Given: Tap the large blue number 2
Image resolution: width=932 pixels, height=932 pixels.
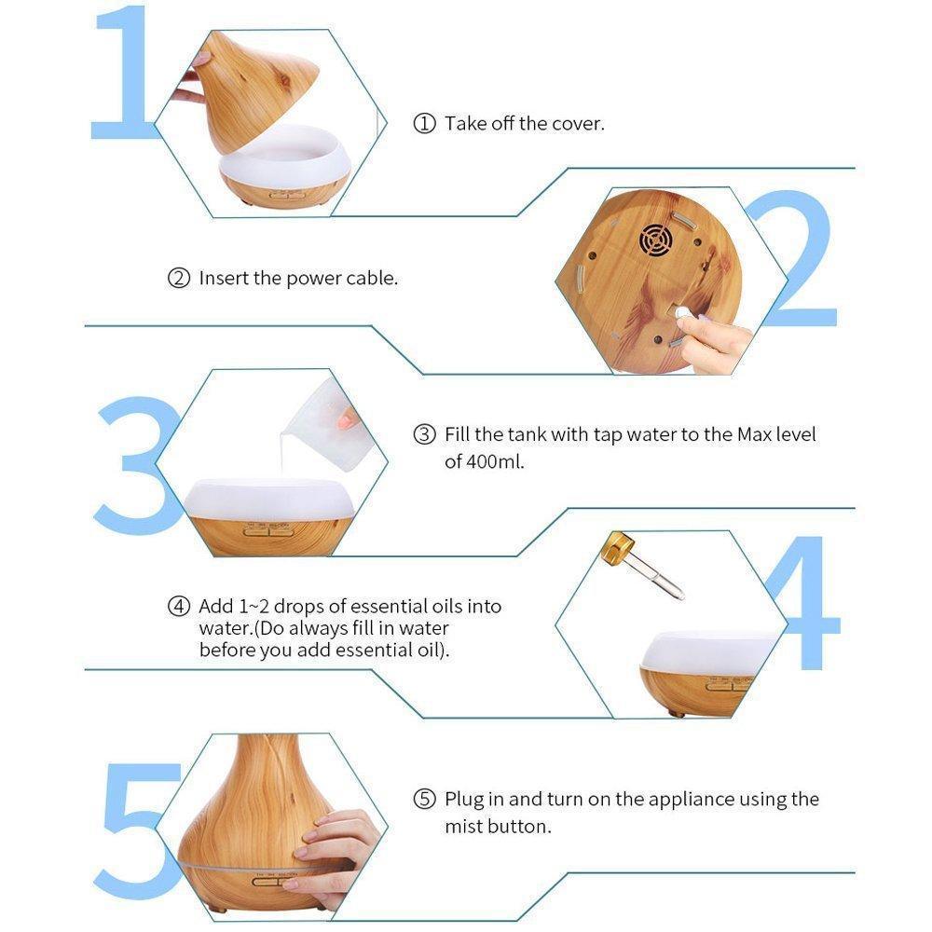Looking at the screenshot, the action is (797, 258).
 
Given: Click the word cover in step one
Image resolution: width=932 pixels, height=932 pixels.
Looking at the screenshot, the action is (577, 124).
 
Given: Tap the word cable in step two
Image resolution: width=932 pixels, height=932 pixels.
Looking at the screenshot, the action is (372, 278).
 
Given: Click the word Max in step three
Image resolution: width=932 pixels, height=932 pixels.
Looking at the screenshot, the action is (754, 434).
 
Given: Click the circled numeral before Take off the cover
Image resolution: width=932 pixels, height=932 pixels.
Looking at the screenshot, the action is (424, 124).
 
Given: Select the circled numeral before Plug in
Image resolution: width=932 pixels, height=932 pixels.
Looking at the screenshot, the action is (424, 799).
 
